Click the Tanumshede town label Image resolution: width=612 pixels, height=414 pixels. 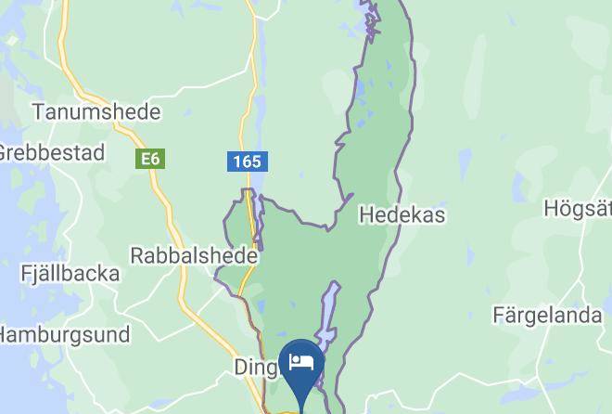pyautogui.click(x=96, y=112)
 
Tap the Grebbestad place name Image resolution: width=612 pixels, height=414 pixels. pyautogui.click(x=51, y=153)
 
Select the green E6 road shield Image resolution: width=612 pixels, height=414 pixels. pyautogui.click(x=150, y=160)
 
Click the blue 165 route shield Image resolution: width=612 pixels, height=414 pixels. pyautogui.click(x=247, y=162)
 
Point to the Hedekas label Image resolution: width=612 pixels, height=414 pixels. pyautogui.click(x=402, y=215)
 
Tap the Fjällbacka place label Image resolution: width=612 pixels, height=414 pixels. pyautogui.click(x=70, y=274)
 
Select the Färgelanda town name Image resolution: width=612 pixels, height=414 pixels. pyautogui.click(x=547, y=316)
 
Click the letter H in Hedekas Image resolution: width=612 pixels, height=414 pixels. pyautogui.click(x=364, y=215)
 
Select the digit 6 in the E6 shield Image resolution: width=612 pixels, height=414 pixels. pyautogui.click(x=155, y=160)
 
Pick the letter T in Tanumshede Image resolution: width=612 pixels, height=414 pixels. pyautogui.click(x=38, y=112)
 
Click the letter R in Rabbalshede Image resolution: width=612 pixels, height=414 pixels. pyautogui.click(x=137, y=254)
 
